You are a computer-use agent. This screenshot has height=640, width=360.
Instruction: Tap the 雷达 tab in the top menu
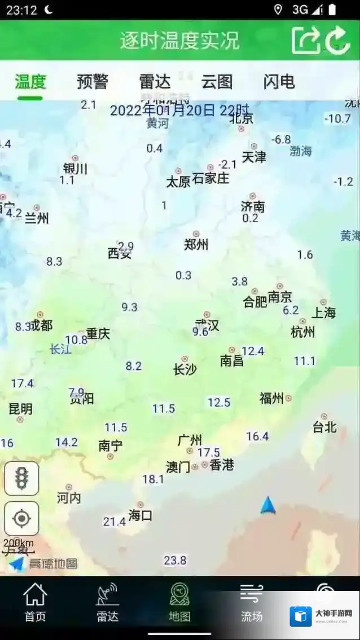155,82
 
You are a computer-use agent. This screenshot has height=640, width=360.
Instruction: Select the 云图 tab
217,82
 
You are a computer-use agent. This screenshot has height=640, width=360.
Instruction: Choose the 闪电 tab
279,82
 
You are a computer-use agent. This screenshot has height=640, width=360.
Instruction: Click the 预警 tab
93,82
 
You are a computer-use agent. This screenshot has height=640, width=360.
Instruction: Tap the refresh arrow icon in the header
338,40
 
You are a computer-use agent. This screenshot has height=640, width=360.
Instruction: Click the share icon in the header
305,40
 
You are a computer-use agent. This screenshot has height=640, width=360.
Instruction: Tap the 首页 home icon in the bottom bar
35,602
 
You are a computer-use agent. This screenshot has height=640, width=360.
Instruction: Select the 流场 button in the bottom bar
252,602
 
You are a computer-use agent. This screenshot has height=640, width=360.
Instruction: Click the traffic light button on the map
22,479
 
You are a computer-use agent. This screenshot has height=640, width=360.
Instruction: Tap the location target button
22,518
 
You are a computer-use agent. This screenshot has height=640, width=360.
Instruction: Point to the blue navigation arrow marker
268,506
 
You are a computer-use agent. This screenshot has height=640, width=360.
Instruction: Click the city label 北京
242,118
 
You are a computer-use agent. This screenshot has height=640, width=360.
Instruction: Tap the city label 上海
324,312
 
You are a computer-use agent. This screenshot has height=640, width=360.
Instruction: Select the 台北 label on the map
324,427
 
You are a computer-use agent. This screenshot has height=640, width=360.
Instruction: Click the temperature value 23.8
175,560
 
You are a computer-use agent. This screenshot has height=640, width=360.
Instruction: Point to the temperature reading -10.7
337,118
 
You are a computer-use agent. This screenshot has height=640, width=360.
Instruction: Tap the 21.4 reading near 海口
114,522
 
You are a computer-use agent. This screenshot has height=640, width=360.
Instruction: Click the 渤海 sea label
301,151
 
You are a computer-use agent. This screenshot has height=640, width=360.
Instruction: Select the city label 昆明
20,409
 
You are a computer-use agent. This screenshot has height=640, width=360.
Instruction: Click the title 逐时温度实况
179,40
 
